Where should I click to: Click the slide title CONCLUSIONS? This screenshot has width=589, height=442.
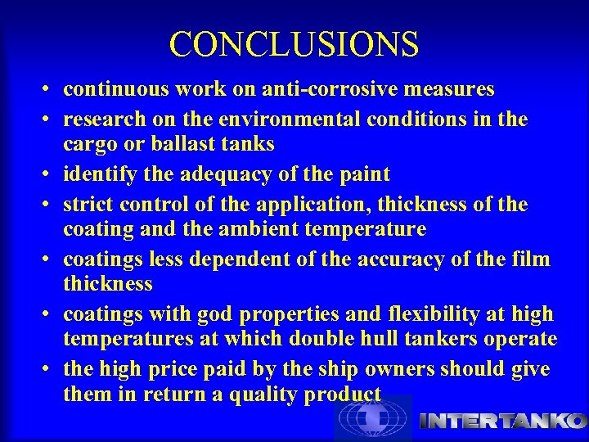click(294, 43)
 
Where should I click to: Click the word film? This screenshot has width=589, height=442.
click(531, 259)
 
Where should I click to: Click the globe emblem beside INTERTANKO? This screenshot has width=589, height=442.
click(371, 420)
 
